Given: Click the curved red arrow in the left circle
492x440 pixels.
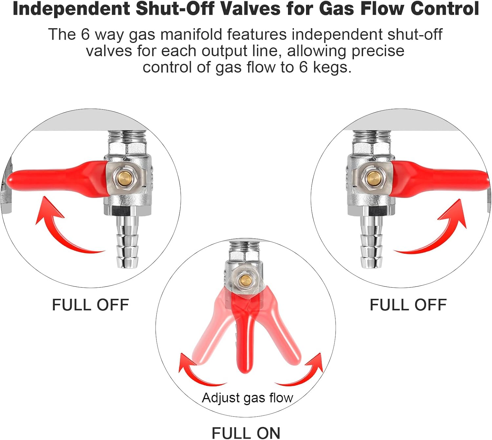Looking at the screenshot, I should (x=62, y=229).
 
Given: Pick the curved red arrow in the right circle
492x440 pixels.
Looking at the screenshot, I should (x=436, y=232).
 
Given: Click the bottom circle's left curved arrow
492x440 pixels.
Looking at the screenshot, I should (x=197, y=373).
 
